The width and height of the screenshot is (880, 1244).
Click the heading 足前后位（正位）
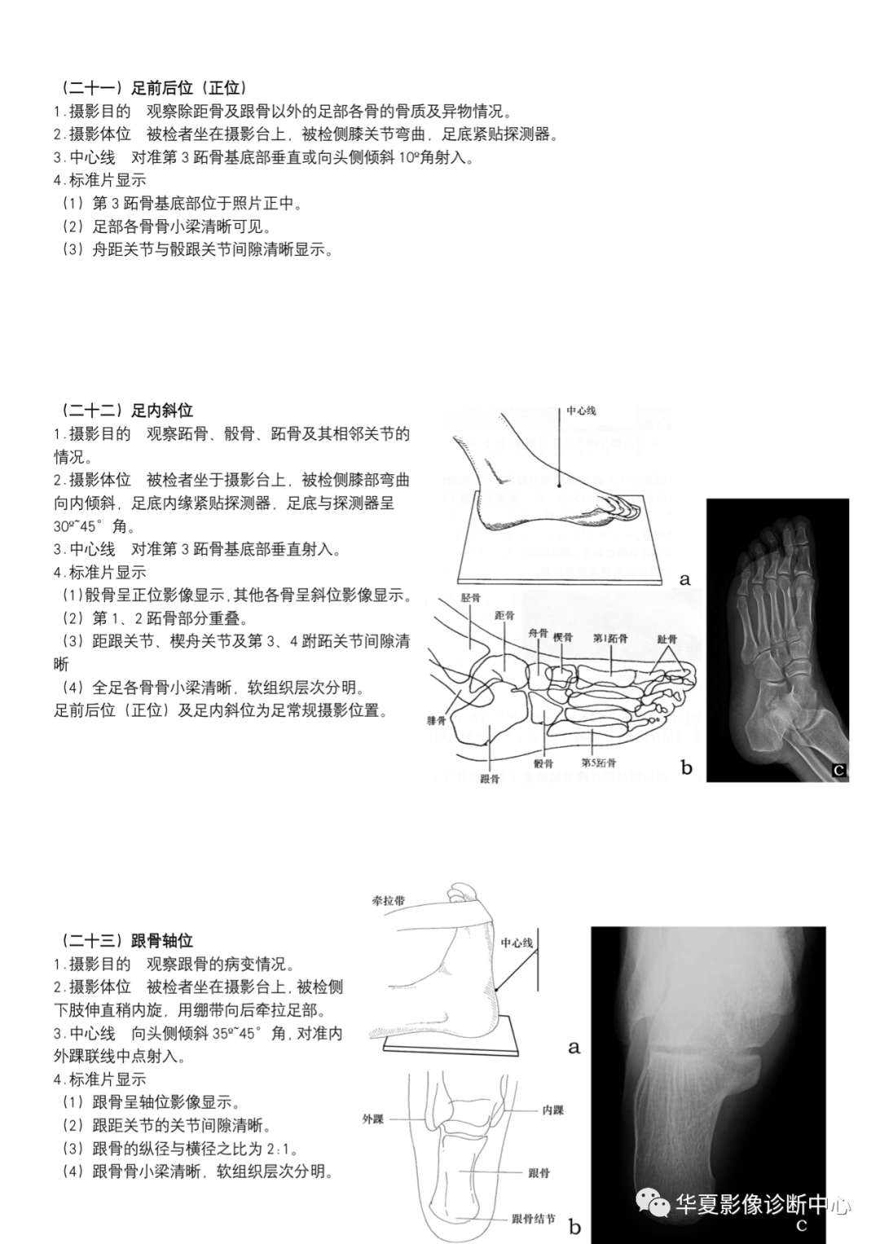pyautogui.click(x=152, y=88)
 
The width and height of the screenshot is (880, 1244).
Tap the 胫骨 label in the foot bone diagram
pyautogui.click(x=470, y=597)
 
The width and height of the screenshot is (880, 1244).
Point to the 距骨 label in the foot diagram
pyautogui.click(x=504, y=616)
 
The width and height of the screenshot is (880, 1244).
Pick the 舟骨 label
pyautogui.click(x=538, y=633)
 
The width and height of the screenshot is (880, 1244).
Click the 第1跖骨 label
pyautogui.click(x=609, y=638)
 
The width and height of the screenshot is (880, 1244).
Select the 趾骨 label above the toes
pyautogui.click(x=667, y=639)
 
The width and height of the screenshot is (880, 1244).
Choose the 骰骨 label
pyautogui.click(x=543, y=763)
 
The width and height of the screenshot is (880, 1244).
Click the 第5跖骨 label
pyautogui.click(x=599, y=763)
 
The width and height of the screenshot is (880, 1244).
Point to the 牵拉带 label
pyautogui.click(x=388, y=900)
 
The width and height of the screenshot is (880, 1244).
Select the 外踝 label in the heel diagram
pyautogui.click(x=373, y=1119)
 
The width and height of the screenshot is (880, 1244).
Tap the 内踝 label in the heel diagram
pyautogui.click(x=552, y=1110)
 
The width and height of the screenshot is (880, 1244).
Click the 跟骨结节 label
pyautogui.click(x=534, y=1219)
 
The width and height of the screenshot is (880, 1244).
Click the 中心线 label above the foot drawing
pyautogui.click(x=581, y=411)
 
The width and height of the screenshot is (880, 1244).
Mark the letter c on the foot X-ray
pyautogui.click(x=838, y=769)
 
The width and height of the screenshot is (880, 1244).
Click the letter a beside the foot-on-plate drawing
pyautogui.click(x=684, y=579)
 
